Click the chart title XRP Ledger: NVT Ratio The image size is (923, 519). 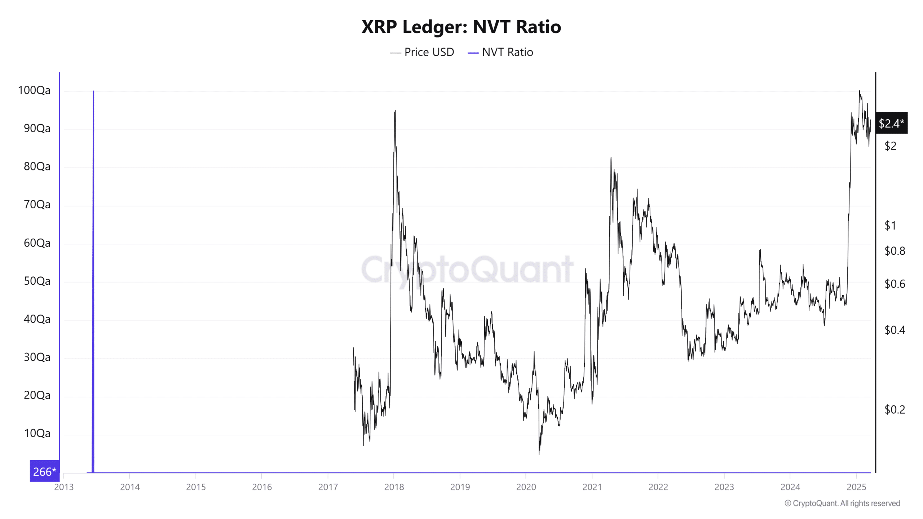(x=461, y=27)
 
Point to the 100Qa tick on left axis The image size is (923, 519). (x=34, y=90)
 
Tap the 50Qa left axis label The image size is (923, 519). (x=37, y=281)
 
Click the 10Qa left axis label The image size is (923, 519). (x=37, y=433)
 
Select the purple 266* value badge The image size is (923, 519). (x=44, y=471)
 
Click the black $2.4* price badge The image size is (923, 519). (x=891, y=123)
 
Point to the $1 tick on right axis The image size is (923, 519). (x=890, y=226)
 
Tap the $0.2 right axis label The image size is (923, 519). (x=895, y=409)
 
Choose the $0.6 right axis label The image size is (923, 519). (x=895, y=284)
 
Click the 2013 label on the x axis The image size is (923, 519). (x=64, y=487)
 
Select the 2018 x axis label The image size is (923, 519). (x=394, y=487)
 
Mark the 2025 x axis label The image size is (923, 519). (x=856, y=487)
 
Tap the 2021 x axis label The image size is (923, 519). (x=592, y=487)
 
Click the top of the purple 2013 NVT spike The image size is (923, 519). (x=93, y=92)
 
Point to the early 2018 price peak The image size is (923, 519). (x=395, y=111)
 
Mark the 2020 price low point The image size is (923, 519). (x=539, y=453)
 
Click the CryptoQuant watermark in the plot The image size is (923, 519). (x=467, y=270)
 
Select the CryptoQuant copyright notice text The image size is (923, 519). (x=842, y=503)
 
